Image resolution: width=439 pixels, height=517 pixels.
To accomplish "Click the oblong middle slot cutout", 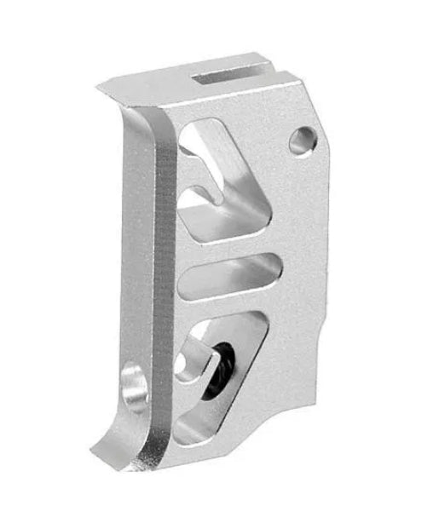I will [232, 274].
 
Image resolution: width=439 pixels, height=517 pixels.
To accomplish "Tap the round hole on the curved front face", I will [135, 384].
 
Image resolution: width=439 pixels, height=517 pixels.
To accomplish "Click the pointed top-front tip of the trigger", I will [101, 85].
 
